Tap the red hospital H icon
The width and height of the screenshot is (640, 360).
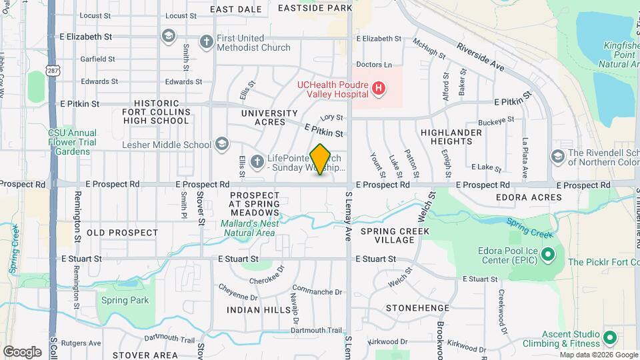point(379,87)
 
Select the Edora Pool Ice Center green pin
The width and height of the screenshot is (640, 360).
point(548,254)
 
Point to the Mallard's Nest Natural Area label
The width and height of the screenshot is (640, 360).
point(248,228)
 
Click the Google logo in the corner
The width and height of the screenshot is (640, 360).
point(22,351)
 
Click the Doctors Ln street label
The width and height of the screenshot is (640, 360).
point(374,65)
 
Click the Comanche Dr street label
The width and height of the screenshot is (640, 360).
point(317,291)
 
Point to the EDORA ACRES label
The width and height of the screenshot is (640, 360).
point(529,197)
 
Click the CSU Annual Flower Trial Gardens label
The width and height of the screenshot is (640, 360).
point(72,142)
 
